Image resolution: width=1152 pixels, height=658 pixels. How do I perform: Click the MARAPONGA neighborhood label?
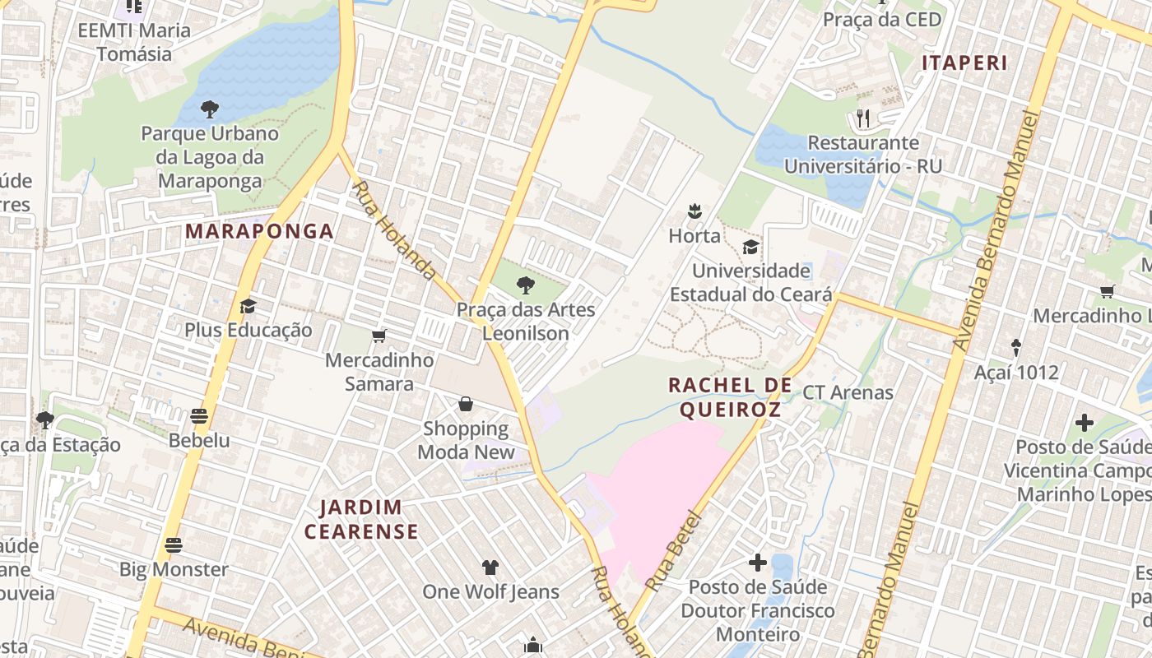[x=259, y=231]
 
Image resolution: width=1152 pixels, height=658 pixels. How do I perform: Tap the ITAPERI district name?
[x=964, y=63]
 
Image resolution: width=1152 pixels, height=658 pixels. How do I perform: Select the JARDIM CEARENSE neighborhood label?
[x=361, y=519]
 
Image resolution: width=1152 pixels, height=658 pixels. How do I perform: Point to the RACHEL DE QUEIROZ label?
[x=730, y=396]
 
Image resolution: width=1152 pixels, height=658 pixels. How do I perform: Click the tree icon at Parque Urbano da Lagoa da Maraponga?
[x=210, y=109]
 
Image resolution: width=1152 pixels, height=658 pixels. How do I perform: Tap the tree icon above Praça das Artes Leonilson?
[x=525, y=285]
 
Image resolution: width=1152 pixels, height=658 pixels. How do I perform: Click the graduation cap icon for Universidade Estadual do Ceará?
[x=750, y=247]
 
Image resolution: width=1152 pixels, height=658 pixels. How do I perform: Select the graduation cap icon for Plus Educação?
[x=248, y=306]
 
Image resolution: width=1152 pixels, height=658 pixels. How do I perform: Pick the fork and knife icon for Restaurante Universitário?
[x=862, y=118]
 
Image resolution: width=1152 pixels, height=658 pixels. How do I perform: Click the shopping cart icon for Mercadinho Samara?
[x=379, y=336]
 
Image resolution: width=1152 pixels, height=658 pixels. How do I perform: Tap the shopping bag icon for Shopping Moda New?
[x=466, y=404]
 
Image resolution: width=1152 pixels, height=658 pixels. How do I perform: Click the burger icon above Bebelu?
[x=198, y=415]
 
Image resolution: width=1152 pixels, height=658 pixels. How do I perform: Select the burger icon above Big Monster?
[x=173, y=544]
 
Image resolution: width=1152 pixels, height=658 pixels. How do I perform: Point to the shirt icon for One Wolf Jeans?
[x=490, y=567]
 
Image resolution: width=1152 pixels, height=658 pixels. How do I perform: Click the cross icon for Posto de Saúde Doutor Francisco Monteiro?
[x=757, y=563]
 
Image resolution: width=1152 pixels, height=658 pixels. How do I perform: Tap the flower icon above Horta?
[x=694, y=211]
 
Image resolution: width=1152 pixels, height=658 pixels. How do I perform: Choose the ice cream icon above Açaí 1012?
[x=1015, y=348]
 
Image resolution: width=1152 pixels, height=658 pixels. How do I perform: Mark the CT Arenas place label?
[x=848, y=392]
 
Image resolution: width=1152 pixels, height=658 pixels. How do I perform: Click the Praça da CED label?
[x=882, y=20]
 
